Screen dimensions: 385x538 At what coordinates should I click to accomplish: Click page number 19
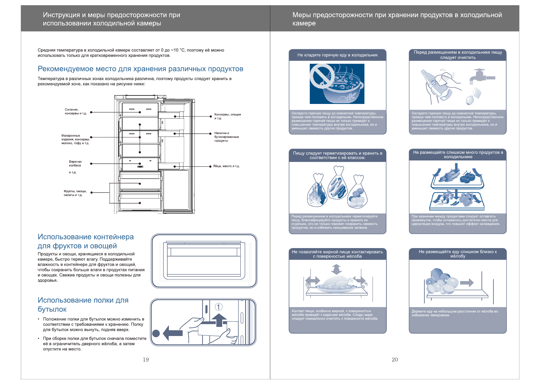(146, 360)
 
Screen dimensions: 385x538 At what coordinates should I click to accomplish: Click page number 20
(395, 360)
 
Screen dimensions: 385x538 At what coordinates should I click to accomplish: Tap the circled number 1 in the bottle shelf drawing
(218, 307)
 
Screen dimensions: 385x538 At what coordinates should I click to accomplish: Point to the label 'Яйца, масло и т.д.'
(226, 166)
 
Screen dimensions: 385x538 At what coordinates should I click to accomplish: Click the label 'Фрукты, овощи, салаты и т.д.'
(75, 193)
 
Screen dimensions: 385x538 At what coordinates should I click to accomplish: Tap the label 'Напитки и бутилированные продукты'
(226, 137)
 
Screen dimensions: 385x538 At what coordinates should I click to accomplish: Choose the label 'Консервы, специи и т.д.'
(227, 116)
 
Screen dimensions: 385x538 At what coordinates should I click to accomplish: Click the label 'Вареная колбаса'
(75, 164)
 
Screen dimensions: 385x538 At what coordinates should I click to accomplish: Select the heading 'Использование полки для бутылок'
(83, 305)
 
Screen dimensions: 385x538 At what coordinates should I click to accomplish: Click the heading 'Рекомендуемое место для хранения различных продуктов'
(140, 69)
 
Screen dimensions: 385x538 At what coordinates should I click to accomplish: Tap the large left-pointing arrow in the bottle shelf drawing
(173, 333)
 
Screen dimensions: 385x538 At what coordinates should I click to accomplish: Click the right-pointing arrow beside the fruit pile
(467, 283)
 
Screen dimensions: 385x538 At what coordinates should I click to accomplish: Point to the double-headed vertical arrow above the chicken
(336, 269)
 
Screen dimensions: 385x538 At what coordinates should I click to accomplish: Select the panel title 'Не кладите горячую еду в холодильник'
(337, 55)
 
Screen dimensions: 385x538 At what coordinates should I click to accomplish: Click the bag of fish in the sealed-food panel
(317, 192)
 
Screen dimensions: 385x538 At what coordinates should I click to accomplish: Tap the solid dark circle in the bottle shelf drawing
(156, 333)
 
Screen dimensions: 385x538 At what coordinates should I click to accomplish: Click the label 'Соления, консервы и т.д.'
(76, 111)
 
